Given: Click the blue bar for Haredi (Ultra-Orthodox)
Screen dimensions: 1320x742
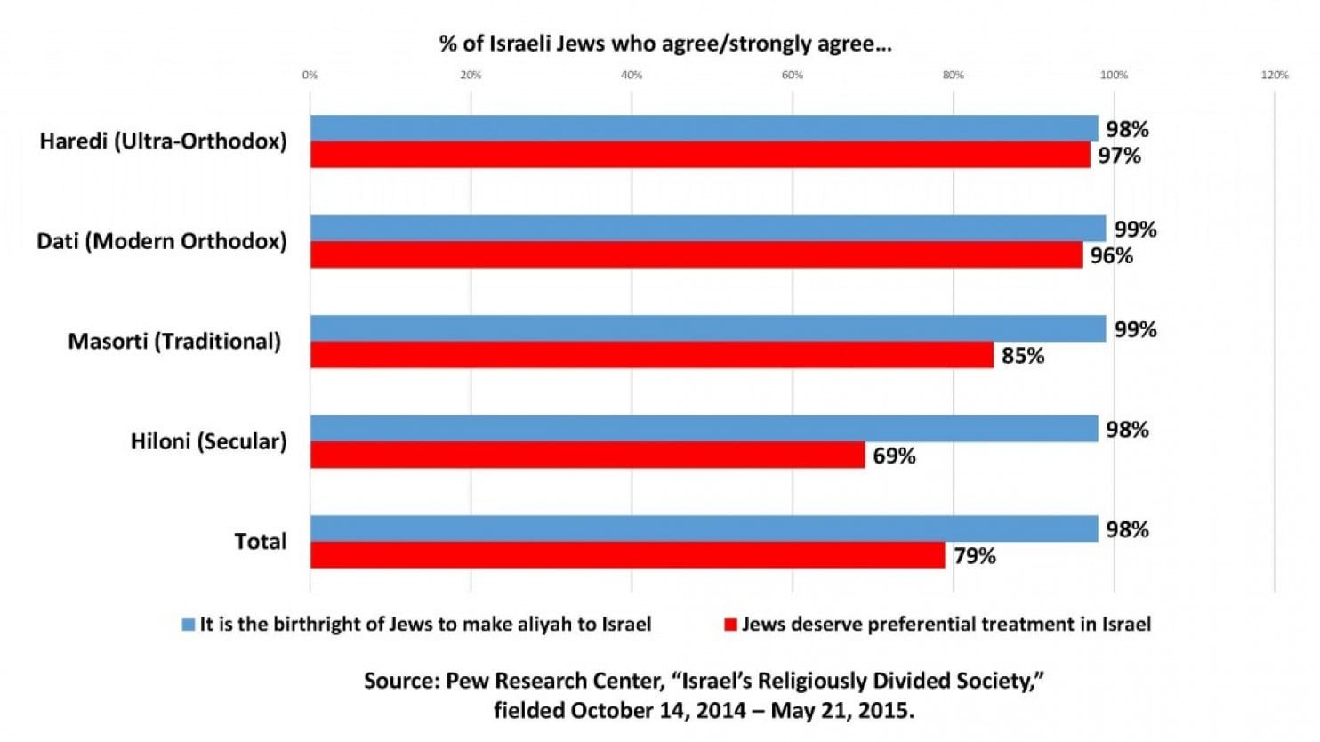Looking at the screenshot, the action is [x=704, y=128].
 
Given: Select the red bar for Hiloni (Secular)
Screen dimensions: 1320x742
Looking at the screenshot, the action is [x=588, y=455].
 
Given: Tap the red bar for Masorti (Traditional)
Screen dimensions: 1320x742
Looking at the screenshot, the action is [x=652, y=355].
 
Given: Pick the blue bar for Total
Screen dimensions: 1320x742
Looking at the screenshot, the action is [x=704, y=528].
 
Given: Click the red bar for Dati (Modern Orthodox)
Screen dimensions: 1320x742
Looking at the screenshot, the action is [x=696, y=254].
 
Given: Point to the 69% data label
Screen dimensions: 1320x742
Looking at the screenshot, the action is [x=894, y=456].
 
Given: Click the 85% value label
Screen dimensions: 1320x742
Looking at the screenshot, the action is [x=1023, y=356].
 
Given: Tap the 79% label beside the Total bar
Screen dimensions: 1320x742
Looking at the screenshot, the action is [x=975, y=556].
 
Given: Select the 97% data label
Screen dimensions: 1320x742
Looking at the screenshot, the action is [x=1120, y=157].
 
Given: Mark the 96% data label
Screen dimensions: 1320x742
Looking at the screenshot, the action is [x=1111, y=255].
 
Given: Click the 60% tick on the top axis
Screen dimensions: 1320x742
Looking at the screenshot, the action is [x=793, y=75].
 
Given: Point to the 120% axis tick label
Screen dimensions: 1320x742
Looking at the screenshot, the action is [x=1275, y=75].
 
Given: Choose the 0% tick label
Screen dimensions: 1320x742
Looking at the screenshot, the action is [x=310, y=75].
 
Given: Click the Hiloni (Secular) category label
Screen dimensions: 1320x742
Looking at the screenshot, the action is [x=209, y=441].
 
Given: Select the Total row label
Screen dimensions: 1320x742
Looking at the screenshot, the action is [x=261, y=541].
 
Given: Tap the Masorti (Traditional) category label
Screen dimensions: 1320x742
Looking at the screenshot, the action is [x=174, y=342].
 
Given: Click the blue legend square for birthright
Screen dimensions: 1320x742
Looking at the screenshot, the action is [x=189, y=625].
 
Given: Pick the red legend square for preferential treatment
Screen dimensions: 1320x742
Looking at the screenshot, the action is [x=731, y=625].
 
